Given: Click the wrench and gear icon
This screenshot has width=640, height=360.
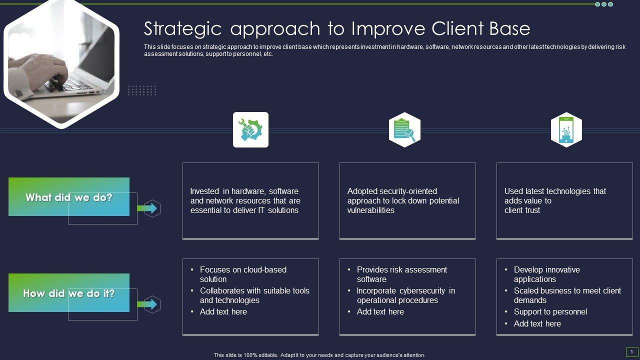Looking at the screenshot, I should coord(250,129).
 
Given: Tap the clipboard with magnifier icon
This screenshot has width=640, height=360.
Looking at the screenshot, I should coord(404,129).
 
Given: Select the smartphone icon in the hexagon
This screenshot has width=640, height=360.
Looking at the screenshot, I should coord(566,129).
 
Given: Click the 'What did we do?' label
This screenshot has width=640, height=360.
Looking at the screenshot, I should coord(69,197).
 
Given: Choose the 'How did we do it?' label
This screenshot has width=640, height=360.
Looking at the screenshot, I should coord(69,293).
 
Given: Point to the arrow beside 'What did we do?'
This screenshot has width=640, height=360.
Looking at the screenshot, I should coord(148,208).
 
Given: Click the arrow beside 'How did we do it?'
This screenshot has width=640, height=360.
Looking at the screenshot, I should coord(148,304).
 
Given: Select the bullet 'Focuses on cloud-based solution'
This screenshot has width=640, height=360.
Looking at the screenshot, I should coord(243,274).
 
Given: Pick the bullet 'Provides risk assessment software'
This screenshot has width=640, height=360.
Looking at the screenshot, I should coord(401,274).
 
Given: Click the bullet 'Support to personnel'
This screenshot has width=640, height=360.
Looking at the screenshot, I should coord(550,312).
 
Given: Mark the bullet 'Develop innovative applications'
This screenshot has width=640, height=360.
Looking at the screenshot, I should coord(546,274).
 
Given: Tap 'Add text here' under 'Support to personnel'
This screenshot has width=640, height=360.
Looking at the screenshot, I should coord(537,324).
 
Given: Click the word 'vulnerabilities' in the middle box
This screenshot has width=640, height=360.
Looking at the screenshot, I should coord(370,210).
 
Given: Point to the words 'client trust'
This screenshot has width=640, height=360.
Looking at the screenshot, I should coord(522,210).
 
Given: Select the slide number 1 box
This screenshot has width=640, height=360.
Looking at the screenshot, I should coord(631,352).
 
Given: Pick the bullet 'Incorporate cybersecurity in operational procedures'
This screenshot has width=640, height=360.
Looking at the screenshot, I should coord(405,295).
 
